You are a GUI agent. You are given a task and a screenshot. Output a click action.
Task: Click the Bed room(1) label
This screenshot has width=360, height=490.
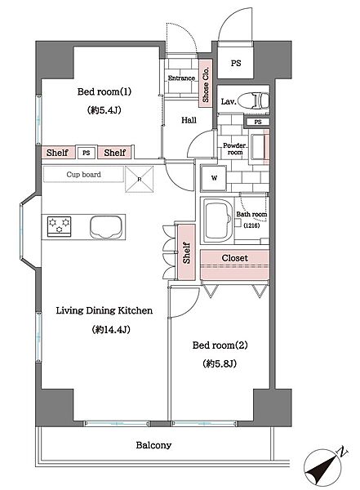coord(104,91)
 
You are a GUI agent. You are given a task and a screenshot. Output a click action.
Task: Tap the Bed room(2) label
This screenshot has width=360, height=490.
coord(220,345)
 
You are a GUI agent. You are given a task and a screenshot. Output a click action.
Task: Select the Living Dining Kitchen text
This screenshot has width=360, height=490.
coord(104,310)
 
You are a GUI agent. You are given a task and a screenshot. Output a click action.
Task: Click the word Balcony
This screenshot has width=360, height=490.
coord(153,445)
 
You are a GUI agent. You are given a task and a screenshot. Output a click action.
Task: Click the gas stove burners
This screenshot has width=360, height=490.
coord(59,226)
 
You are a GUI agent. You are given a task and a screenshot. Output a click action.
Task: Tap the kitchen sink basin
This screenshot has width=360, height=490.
coord(105,227)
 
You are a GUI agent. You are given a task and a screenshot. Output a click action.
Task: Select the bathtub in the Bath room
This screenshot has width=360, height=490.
coord(218,220)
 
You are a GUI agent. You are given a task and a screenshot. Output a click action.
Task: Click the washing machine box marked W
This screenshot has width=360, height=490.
coord(214,178)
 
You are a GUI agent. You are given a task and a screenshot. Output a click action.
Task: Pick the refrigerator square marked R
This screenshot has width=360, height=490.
coord(140,179)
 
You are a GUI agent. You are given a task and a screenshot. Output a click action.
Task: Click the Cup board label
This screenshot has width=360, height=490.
coord(83,175)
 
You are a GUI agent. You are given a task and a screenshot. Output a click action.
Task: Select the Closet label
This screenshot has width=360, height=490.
coord(234,258)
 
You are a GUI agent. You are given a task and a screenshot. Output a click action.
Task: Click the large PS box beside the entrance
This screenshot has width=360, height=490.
coord(235,63)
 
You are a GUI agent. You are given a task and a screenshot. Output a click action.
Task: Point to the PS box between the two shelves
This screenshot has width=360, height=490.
coord(87,153)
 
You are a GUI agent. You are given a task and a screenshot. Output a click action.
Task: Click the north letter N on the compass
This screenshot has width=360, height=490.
coord(342,452)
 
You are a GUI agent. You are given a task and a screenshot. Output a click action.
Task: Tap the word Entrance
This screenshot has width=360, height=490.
coord(181,78)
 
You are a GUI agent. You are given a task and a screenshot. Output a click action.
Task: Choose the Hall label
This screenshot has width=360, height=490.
coord(189,120)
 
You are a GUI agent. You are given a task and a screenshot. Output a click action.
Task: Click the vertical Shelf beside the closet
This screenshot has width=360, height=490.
coord(186,252)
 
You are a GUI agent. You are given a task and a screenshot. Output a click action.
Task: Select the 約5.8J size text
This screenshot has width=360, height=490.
coord(220,363)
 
